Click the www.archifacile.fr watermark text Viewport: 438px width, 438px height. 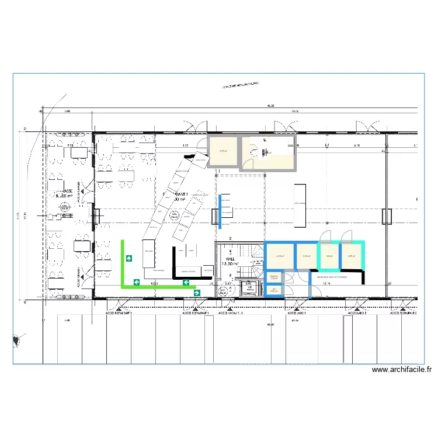[x=402, y=370]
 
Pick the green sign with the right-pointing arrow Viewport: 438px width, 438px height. [x=197, y=293]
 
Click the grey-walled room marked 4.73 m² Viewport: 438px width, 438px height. [x=223, y=152]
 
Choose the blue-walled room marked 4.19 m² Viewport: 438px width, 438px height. [x=279, y=255]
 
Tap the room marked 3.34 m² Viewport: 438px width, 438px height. [x=306, y=255]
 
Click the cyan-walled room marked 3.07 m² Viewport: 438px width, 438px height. [x=351, y=255]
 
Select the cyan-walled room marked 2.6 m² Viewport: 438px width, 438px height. [x=329, y=255]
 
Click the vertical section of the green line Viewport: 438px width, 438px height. [x=123, y=263]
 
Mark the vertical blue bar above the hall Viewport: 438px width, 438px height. [x=220, y=210]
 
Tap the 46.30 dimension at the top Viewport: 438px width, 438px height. [x=270, y=106]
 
